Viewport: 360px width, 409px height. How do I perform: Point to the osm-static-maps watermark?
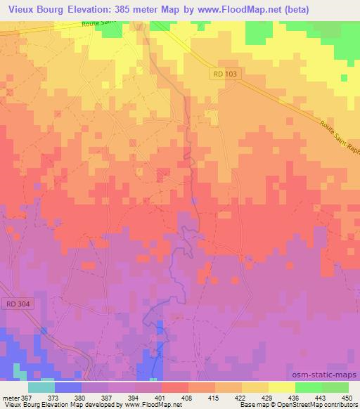pos(324,375)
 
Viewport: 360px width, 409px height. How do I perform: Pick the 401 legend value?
pos(162,398)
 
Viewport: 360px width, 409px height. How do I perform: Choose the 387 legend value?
pos(109,398)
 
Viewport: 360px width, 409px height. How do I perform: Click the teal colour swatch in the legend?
pos(41,387)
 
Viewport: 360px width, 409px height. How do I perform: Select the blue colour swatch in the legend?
pos(68,387)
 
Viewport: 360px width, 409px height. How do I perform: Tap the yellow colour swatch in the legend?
pos(281,387)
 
